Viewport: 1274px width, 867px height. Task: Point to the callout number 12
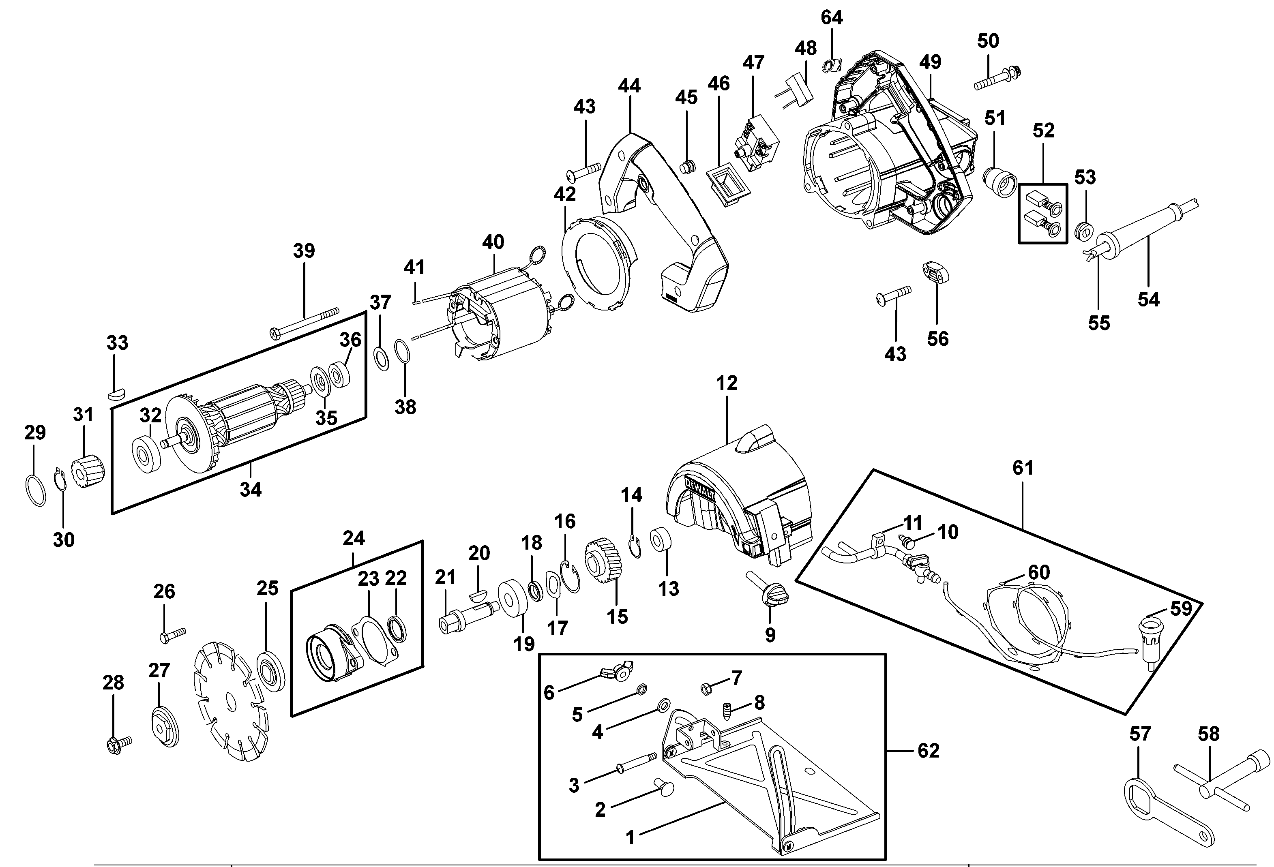click(x=726, y=383)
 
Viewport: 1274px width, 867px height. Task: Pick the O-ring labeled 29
click(x=36, y=490)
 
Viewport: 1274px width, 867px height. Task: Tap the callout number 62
click(x=928, y=750)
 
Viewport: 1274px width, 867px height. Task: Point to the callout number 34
click(x=251, y=489)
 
